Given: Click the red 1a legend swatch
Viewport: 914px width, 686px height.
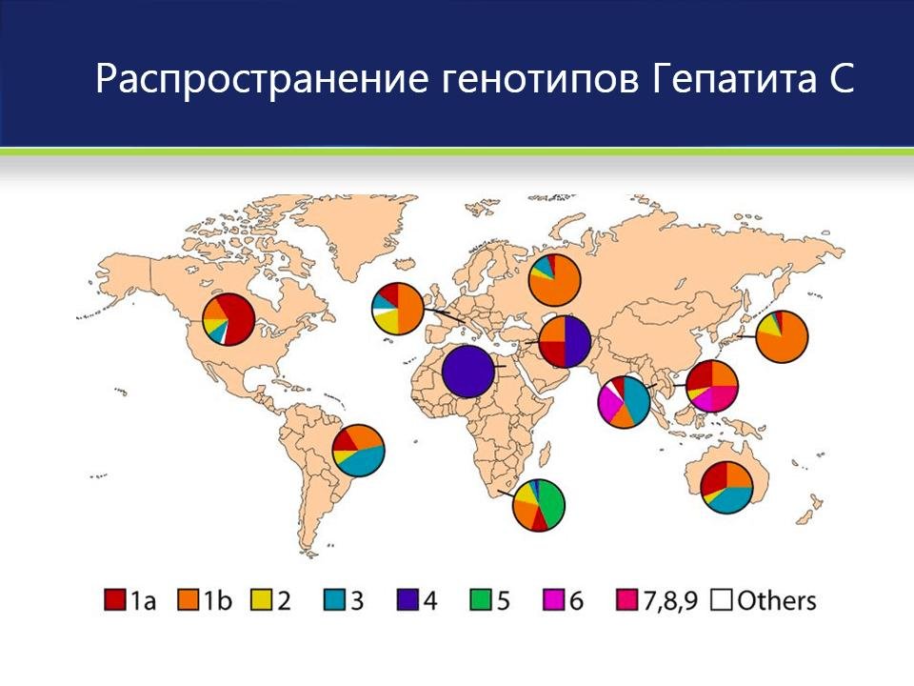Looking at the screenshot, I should (115, 600).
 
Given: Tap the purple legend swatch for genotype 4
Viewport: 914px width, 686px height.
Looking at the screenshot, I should (407, 600).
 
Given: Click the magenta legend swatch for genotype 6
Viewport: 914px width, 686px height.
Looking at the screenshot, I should (552, 600).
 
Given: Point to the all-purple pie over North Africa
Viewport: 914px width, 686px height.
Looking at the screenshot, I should (468, 371).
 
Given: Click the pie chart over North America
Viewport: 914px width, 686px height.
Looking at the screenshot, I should (228, 319).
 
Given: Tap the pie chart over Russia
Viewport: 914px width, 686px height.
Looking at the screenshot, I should (555, 279).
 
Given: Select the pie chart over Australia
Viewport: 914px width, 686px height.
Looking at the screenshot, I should (727, 487).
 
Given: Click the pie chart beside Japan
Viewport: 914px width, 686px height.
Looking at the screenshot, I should (782, 336).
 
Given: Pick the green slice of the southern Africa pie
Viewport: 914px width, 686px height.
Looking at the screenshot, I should (551, 499).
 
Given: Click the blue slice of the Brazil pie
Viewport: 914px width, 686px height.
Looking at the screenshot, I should (364, 462).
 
